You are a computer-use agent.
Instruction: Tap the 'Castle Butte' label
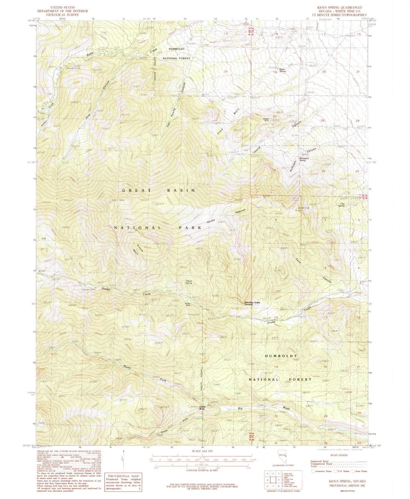pyautogui.click(x=202, y=408)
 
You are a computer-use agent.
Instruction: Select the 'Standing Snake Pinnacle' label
pyautogui.click(x=252, y=303)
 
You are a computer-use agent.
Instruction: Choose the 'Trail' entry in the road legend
pyautogui.click(x=314, y=466)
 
